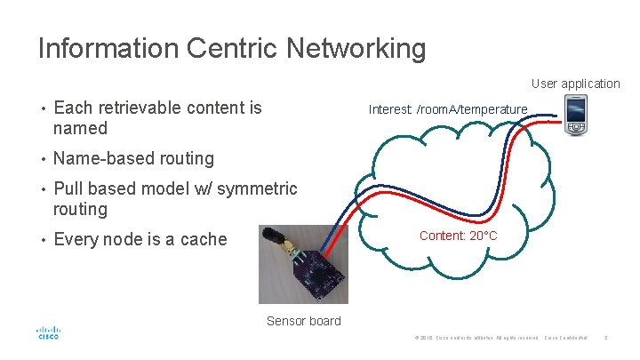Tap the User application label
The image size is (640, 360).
(575, 84)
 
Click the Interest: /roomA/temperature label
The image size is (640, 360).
(448, 109)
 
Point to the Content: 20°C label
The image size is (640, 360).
(458, 236)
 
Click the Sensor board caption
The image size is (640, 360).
(303, 321)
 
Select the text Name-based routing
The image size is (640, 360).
(133, 158)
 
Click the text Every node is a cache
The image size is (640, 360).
(140, 239)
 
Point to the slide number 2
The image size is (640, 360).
(604, 339)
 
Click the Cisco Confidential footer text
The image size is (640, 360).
(565, 339)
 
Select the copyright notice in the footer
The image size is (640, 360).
(476, 339)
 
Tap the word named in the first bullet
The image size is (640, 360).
(80, 128)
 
